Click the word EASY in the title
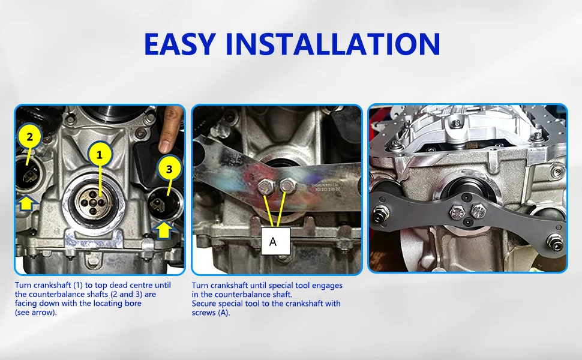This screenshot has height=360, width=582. (180, 44)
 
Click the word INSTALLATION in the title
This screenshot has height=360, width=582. (332, 44)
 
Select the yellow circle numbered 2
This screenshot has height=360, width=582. (29, 137)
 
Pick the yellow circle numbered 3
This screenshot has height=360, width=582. (169, 169)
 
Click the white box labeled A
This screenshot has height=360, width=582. (275, 241)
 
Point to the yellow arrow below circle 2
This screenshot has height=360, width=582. (27, 203)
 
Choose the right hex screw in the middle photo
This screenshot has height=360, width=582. (287, 185)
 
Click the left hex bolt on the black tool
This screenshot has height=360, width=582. (457, 212)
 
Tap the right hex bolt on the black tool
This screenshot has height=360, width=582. (478, 211)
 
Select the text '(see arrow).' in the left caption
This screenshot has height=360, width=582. (35, 313)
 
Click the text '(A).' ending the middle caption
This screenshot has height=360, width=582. (223, 313)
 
